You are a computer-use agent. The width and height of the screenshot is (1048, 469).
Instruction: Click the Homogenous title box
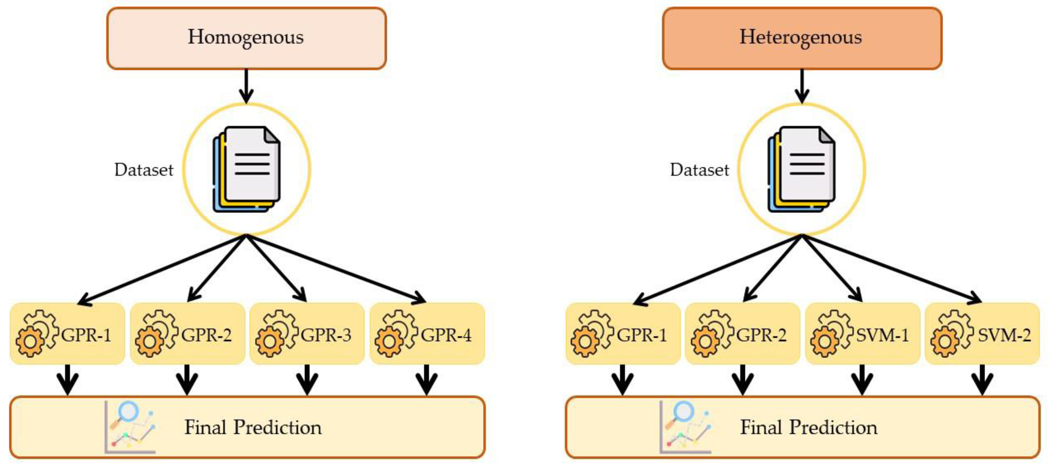tap(246, 38)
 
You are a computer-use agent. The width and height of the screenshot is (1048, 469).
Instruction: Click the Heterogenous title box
tap(802, 38)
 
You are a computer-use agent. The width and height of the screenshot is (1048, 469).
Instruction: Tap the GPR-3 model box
tap(307, 334)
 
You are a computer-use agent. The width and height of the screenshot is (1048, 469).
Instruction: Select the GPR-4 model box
tap(427, 334)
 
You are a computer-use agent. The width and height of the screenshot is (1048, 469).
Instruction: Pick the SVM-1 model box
tap(862, 334)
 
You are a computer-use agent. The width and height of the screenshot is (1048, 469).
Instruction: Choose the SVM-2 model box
tap(982, 334)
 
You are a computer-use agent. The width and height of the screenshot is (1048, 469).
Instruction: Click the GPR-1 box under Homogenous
tap(67, 334)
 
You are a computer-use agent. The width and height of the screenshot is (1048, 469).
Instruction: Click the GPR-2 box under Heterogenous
tap(742, 334)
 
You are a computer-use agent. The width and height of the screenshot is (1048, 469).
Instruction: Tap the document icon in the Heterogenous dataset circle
tap(802, 169)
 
